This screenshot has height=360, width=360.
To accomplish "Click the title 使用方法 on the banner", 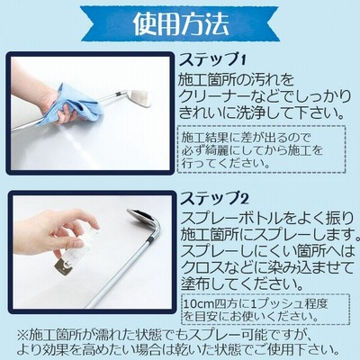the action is click(x=181, y=24).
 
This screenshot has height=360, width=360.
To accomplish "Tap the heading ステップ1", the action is click(x=212, y=60).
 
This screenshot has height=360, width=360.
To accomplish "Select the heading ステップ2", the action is click(x=214, y=199).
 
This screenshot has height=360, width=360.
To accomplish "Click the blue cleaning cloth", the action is click(x=78, y=103).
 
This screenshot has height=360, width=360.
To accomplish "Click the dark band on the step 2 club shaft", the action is click(x=152, y=240).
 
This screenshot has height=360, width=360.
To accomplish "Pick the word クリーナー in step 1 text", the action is click(x=214, y=96).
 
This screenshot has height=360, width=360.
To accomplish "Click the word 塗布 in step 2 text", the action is click(x=195, y=283).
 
